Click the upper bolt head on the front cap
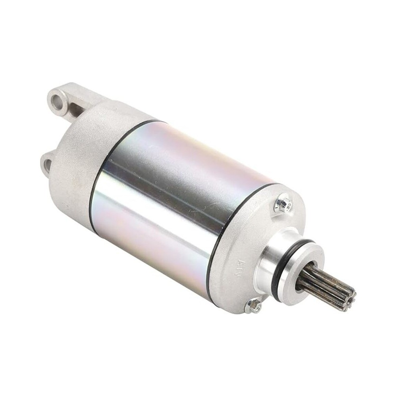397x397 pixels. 283,204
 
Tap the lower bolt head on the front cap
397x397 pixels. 253,305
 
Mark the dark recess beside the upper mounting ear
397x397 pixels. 75,109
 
